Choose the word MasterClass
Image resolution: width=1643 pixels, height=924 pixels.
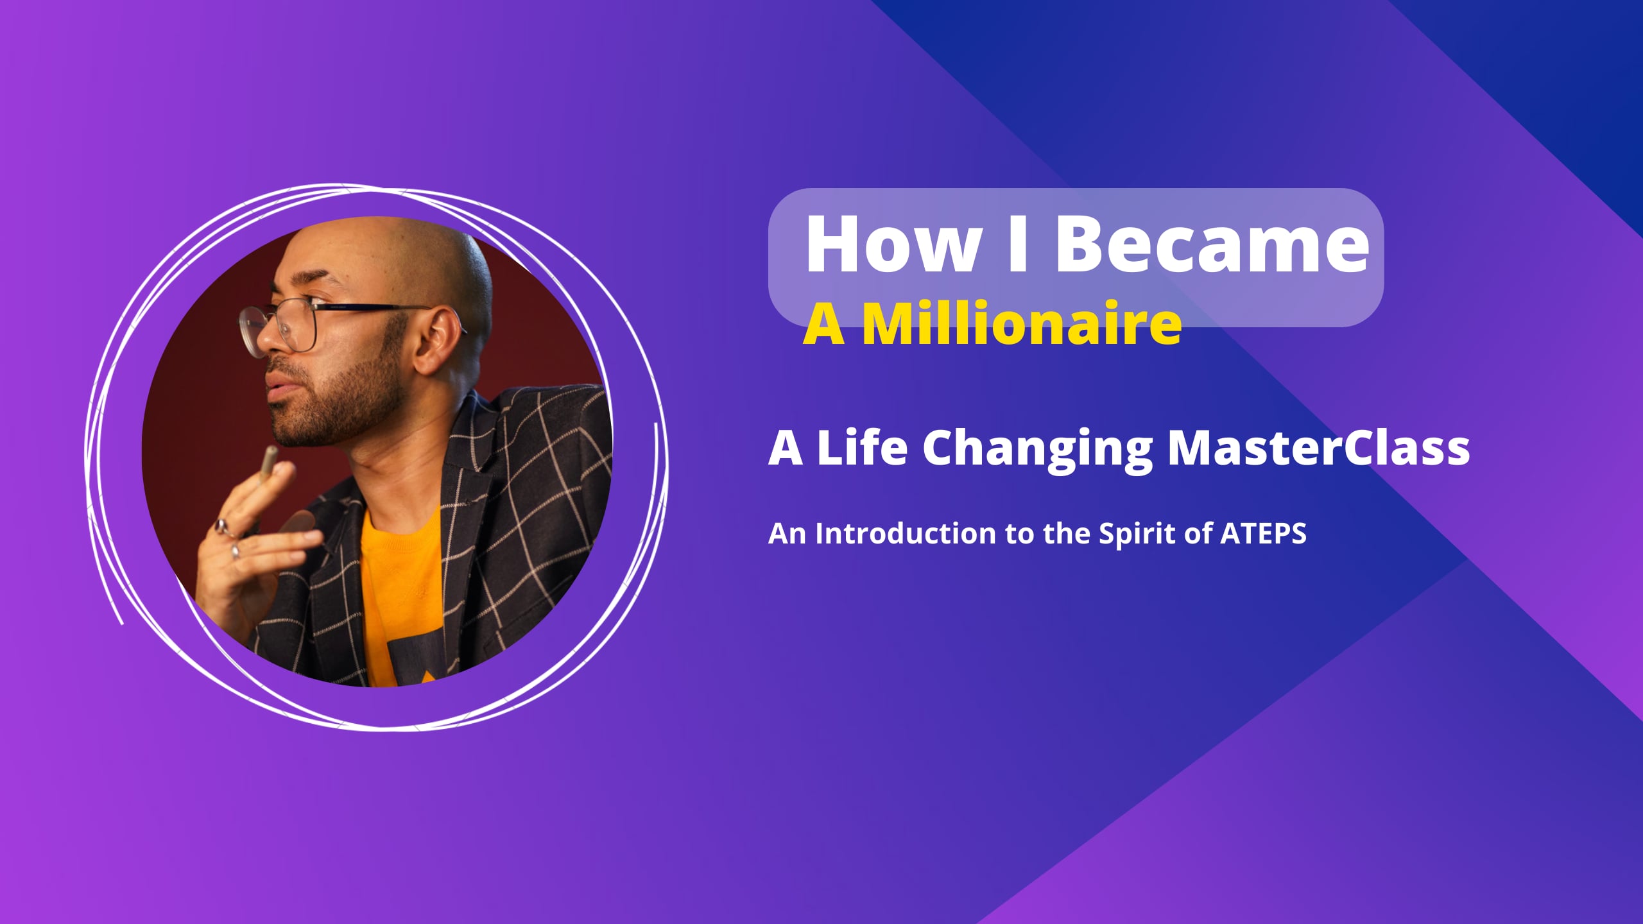click(1318, 447)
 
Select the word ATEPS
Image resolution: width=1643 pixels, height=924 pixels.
click(1263, 533)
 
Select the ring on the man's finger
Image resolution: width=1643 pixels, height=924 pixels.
click(222, 527)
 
